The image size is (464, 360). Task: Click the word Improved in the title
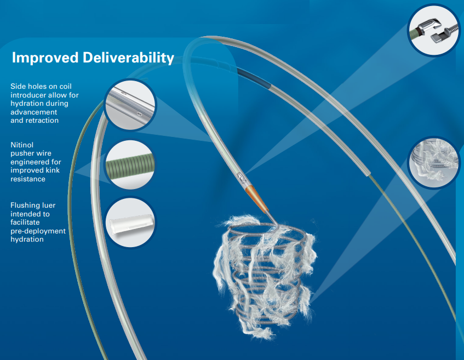tap(45, 58)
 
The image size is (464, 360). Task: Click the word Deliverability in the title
tap(128, 58)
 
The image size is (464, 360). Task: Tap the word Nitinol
tap(22, 145)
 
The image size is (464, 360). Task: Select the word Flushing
tap(23, 205)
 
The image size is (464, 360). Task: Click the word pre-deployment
tap(38, 231)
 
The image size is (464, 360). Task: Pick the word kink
tap(53, 170)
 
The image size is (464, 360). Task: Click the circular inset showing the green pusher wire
tap(130, 164)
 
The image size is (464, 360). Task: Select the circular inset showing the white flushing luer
tap(130, 222)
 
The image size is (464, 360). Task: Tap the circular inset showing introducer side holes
tap(130, 105)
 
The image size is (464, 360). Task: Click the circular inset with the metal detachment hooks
tap(433, 30)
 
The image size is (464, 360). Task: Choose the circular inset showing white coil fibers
tap(434, 162)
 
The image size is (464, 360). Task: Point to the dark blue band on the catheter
tap(254, 78)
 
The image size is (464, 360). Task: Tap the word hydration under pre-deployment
tap(27, 239)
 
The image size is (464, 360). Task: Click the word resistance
tap(28, 179)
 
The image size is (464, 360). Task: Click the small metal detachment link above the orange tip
tap(241, 178)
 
